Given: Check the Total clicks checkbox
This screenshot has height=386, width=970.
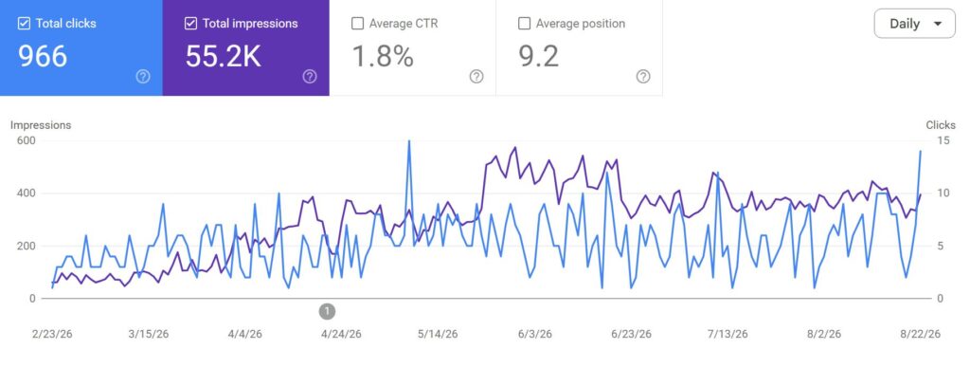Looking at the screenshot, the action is pos(24,24).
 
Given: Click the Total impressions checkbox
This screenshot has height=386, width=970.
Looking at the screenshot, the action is pos(190,24).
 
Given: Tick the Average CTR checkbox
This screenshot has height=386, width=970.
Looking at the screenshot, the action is pos(357,24).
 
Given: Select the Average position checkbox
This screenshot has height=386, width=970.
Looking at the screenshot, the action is pos(524,24).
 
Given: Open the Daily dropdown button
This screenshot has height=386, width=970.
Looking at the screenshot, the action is pos(914,24).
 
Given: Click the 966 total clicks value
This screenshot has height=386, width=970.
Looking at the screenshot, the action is pos(42,56).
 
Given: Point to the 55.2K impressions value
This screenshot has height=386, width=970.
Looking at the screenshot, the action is pos(223,56).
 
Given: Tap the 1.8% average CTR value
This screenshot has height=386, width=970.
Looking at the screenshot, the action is pos(383,56).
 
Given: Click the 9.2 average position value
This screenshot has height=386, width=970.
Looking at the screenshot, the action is pos(538,56).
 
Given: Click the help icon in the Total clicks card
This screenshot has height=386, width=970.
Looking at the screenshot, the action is pos(143,76).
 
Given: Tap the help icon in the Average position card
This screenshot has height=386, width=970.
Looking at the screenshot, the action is pos(643,76).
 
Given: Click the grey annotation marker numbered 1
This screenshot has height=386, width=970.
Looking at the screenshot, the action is pos(327,311).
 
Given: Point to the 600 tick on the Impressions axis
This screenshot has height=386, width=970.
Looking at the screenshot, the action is pos(27,140).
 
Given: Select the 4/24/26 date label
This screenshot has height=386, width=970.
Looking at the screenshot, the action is pos(341,334).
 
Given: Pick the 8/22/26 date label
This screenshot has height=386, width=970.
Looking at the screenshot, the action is pos(920,334).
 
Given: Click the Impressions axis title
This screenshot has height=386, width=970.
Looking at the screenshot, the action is pos(41,125).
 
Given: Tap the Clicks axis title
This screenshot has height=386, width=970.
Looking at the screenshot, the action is pos(941,125).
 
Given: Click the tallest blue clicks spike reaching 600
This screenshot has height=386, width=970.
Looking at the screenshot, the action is pos(408,142).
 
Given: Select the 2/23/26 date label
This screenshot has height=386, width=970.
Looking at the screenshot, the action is pos(52,334).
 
